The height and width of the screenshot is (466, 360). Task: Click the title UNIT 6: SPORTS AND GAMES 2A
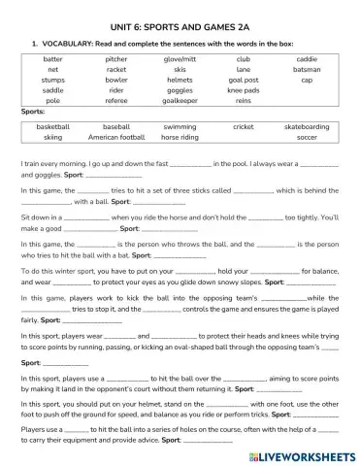[180, 26]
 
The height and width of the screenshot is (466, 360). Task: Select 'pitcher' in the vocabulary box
[116, 59]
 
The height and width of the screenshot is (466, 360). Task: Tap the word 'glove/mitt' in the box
[180, 59]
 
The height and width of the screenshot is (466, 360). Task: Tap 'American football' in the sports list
[116, 137]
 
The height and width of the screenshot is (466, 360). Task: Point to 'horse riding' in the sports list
[180, 137]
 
